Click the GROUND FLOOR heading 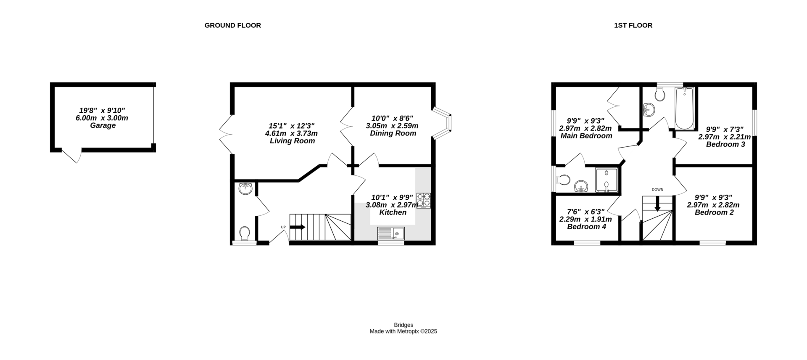pos(232,25)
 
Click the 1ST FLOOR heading pos(633,25)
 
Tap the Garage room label pos(103,125)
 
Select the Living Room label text pos(292,141)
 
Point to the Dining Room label pos(393,133)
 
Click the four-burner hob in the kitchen pos(424,200)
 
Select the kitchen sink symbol pos(390,233)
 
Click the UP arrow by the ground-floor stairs pos(297,227)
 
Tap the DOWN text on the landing pos(657,190)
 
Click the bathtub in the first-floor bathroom pos(684,108)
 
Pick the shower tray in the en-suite pos(607,180)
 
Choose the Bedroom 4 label pos(586,227)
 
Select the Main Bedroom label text pos(586,136)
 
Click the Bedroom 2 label pos(714,212)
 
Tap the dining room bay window pos(444,122)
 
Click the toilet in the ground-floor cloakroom pos(245,233)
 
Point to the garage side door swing pos(72,155)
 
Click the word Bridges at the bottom pos(403,325)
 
